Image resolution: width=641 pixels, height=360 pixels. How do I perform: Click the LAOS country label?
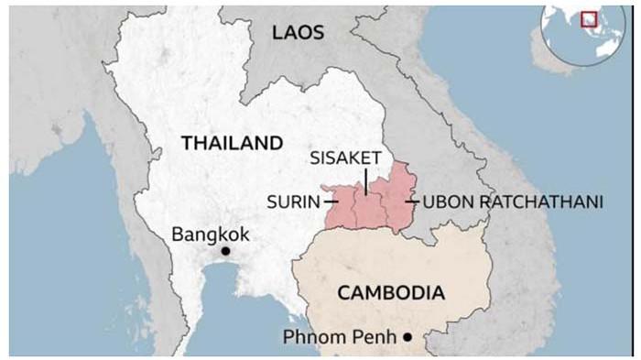coord(299,33)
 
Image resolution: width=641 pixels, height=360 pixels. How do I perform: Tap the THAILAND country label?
coord(232,143)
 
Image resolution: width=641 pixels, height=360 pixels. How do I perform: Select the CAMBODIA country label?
coord(391,293)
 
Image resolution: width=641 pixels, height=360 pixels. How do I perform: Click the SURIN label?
coord(293,202)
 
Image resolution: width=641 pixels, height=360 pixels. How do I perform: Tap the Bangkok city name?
coord(210,235)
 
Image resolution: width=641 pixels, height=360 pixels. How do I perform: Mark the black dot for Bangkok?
coord(224,251)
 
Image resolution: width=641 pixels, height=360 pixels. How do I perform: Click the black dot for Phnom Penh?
coord(407,338)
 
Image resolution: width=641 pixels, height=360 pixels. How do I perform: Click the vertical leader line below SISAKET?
coord(365,180)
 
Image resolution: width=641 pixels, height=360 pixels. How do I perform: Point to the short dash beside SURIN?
coord(330,202)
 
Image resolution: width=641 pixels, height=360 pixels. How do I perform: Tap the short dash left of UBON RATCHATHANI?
coord(412,202)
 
